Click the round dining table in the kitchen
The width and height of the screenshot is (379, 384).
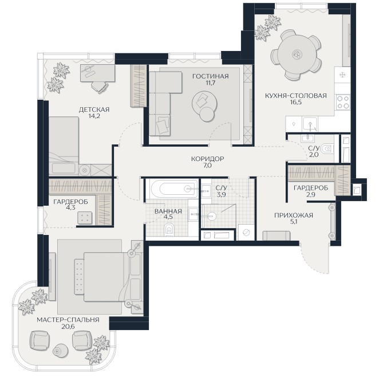(296, 54)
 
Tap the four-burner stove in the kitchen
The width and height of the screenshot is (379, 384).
(342, 102)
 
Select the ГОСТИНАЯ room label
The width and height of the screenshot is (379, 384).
(211, 76)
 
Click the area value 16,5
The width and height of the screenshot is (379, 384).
(296, 102)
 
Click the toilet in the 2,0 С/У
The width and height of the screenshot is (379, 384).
(327, 148)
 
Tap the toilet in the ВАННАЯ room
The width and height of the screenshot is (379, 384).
(169, 230)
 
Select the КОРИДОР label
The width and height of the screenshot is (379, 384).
(207, 159)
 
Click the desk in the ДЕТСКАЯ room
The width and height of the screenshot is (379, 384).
(97, 73)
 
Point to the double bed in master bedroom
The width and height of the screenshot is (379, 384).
(104, 277)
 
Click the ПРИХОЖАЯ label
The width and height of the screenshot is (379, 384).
(293, 215)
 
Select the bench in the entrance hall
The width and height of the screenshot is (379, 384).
(277, 236)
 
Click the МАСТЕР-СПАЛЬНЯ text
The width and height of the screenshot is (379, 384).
(68, 320)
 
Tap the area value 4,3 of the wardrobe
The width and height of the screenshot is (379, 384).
(70, 207)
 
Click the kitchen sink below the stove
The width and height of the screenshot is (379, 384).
(310, 124)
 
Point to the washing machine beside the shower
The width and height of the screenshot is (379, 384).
(246, 233)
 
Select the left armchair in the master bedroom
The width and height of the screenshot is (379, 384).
(40, 340)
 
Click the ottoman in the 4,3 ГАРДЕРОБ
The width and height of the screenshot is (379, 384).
(85, 218)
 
